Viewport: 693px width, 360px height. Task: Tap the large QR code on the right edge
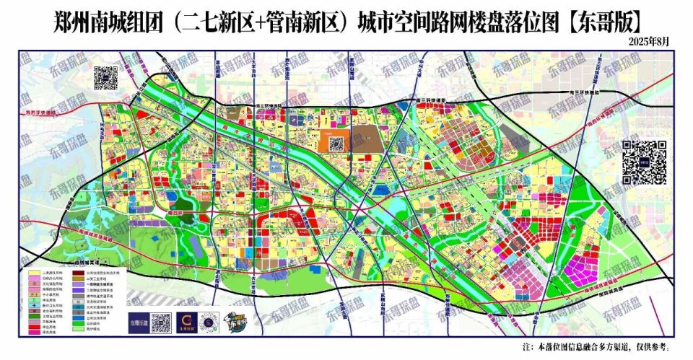click(x=644, y=162)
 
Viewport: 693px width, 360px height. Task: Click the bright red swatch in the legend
click(x=33, y=326)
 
